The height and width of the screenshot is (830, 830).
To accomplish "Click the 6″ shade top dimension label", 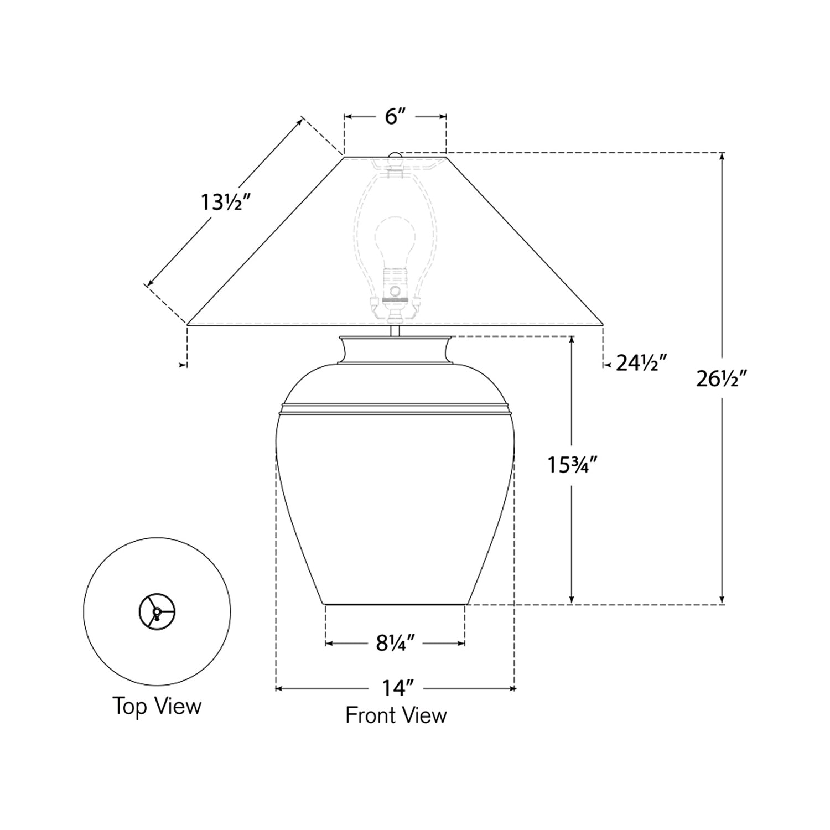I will [395, 117].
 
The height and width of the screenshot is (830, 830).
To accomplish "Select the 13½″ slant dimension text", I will [224, 203].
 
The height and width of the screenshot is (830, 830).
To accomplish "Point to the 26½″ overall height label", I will [722, 380].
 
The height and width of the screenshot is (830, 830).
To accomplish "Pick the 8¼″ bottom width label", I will [395, 644].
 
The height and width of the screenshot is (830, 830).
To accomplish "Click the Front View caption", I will [396, 715].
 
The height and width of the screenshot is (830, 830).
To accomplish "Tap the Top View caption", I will [157, 707].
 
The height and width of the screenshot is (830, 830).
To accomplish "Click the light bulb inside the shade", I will [395, 238].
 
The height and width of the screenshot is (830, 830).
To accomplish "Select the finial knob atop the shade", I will [395, 157].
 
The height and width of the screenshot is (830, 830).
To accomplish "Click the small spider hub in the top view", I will [157, 611].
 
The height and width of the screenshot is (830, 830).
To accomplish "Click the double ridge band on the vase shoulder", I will [395, 408].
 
